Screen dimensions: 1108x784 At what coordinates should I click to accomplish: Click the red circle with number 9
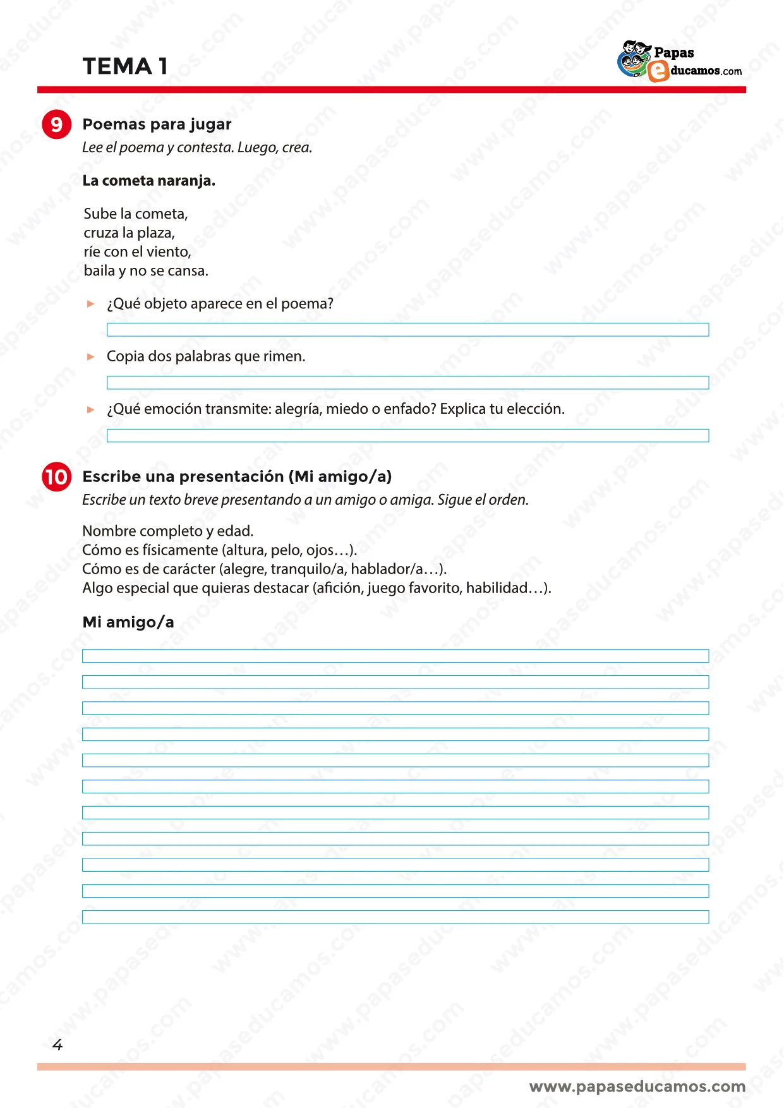pyautogui.click(x=56, y=124)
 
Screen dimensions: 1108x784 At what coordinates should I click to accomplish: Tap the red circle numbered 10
pyautogui.click(x=56, y=476)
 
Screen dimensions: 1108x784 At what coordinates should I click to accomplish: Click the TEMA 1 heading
pyautogui.click(x=125, y=66)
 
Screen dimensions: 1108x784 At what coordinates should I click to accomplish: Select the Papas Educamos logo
pyautogui.click(x=679, y=61)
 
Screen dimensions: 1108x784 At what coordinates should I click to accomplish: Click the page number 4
pyautogui.click(x=57, y=1045)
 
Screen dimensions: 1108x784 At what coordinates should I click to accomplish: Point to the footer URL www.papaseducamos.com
pyautogui.click(x=637, y=1087)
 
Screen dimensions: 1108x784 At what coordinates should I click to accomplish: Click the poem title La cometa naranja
pyautogui.click(x=148, y=181)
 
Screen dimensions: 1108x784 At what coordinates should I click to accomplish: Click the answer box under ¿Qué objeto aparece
pyautogui.click(x=407, y=330)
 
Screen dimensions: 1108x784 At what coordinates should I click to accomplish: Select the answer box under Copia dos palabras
pyautogui.click(x=407, y=382)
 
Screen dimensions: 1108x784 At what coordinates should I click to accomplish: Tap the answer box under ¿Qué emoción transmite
pyautogui.click(x=407, y=435)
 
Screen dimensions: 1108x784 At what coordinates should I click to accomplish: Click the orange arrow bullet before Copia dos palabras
pyautogui.click(x=90, y=357)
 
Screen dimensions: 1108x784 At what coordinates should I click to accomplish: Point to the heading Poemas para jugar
pyautogui.click(x=157, y=124)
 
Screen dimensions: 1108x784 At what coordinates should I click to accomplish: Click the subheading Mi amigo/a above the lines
pyautogui.click(x=128, y=622)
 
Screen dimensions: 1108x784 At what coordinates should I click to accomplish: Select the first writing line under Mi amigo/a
pyautogui.click(x=395, y=656)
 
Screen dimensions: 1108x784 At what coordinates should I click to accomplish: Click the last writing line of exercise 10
pyautogui.click(x=395, y=917)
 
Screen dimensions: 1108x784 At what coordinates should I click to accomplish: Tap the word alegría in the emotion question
pyautogui.click(x=298, y=409)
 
